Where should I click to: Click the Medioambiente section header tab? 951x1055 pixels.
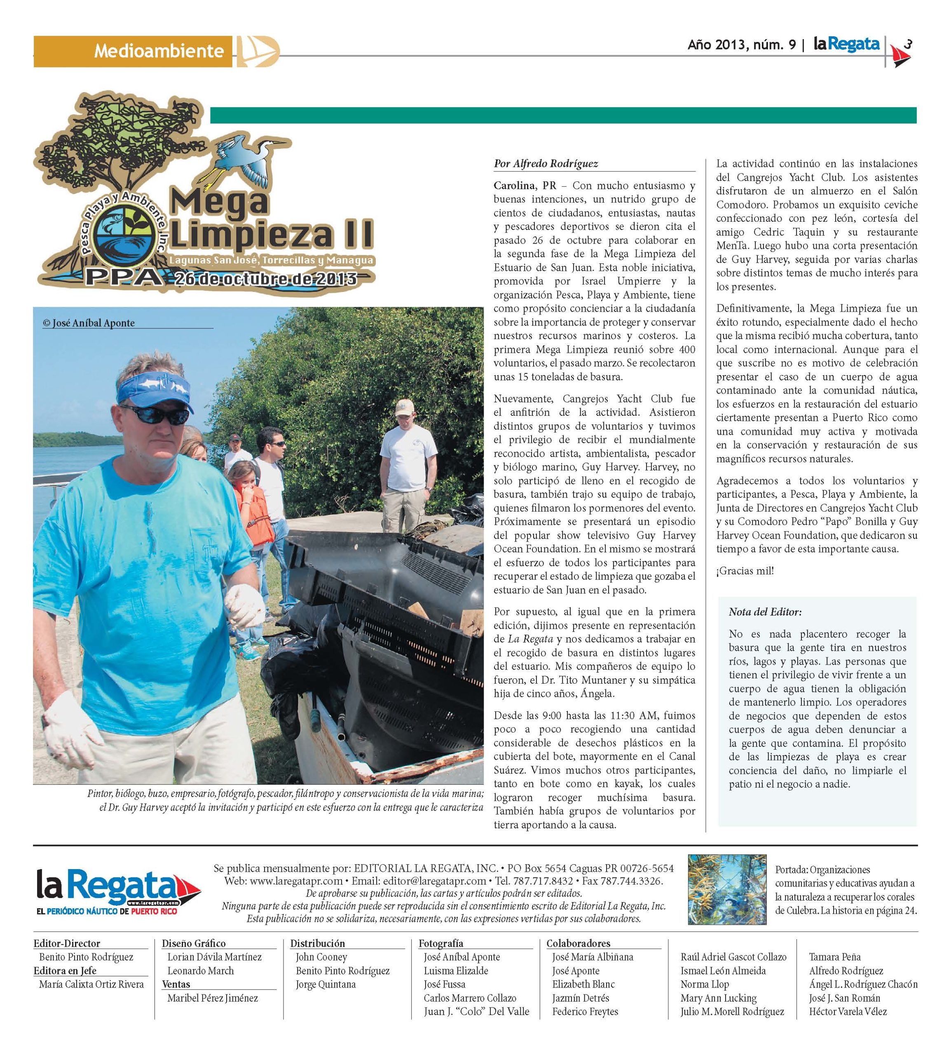point(158,51)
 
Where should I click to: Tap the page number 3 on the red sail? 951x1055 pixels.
point(908,45)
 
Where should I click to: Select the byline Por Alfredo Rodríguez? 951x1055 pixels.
point(546,164)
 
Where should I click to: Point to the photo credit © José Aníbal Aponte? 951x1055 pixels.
point(89,323)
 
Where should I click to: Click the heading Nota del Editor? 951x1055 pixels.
point(765,612)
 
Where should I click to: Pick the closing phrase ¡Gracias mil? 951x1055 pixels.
point(745,571)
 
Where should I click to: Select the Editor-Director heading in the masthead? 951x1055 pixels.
point(67,943)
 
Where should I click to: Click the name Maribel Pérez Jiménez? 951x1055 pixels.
point(213,998)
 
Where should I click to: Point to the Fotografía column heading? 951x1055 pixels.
point(441,943)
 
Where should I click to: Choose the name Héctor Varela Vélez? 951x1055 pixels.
point(848,1011)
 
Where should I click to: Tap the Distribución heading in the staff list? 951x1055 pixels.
point(318,943)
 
